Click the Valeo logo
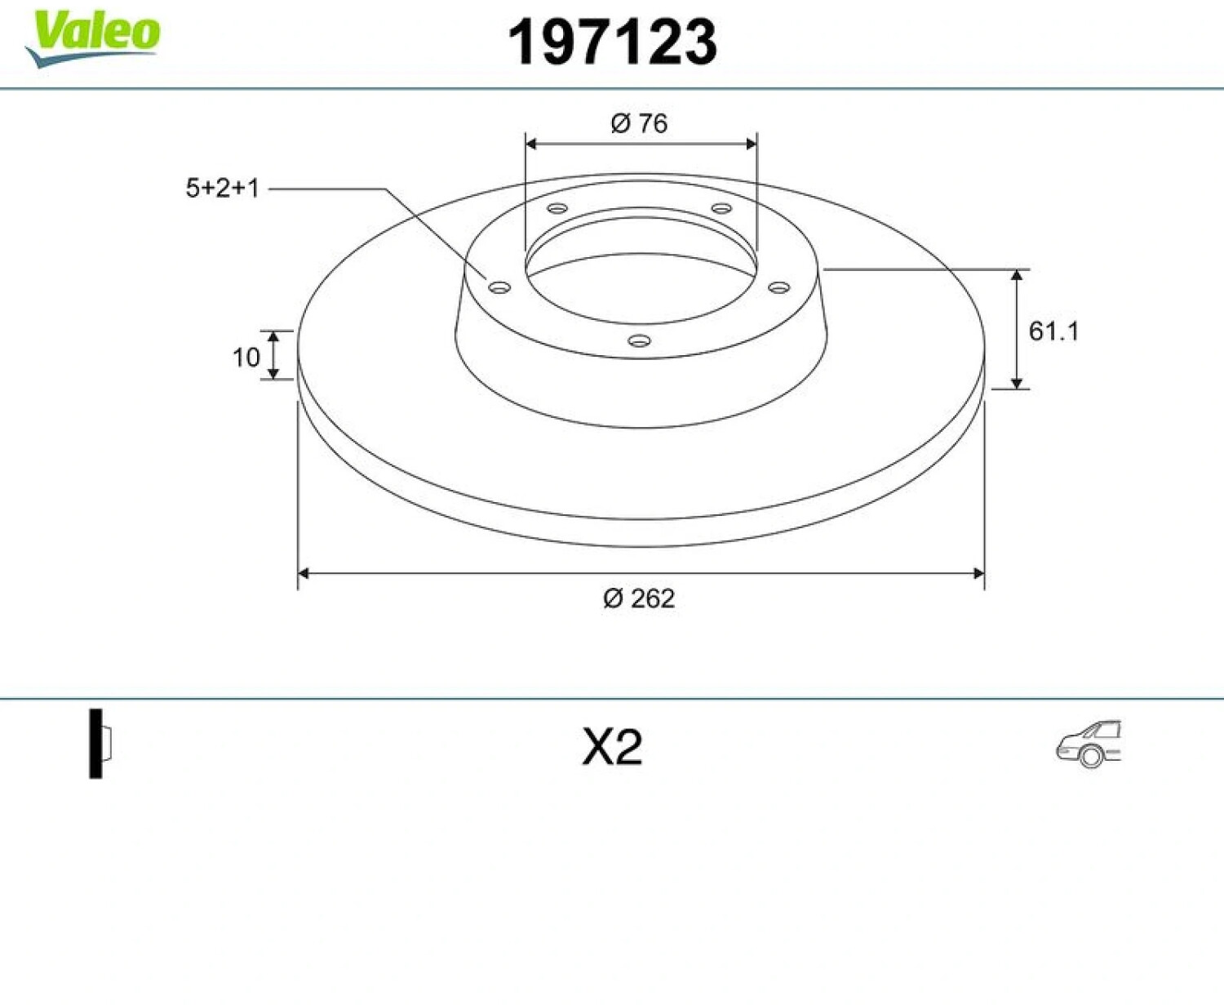[91, 38]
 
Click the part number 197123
[612, 42]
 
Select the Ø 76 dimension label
[639, 123]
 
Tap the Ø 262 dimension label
[639, 598]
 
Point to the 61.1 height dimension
[1053, 331]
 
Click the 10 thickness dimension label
[246, 358]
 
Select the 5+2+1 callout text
[222, 188]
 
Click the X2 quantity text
[612, 748]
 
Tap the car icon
[1089, 744]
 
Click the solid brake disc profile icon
[101, 744]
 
